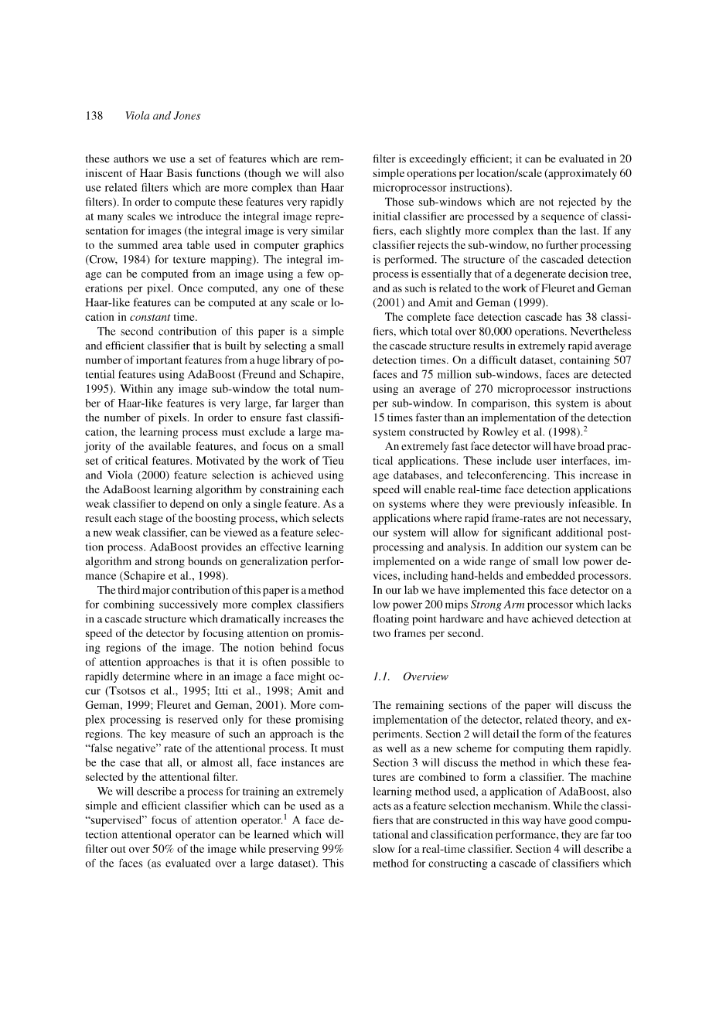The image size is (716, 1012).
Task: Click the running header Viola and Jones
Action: (x=162, y=116)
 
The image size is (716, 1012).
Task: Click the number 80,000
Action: (x=479, y=331)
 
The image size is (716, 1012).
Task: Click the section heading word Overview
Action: (x=425, y=676)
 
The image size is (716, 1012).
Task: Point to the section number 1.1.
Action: (x=381, y=676)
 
